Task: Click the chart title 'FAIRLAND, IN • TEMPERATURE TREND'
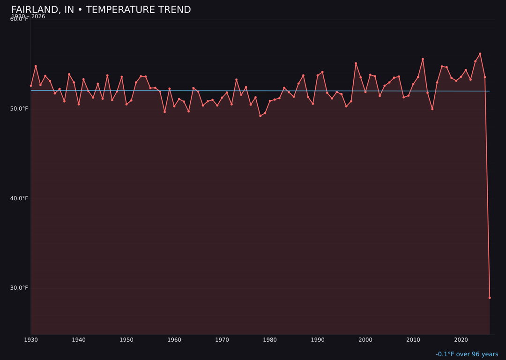(101, 10)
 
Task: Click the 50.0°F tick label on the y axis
(19, 109)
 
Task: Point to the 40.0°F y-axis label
(19, 198)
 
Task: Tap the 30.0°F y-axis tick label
(19, 288)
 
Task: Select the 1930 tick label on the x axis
(31, 339)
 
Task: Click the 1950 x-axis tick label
(126, 339)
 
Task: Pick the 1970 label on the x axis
(222, 339)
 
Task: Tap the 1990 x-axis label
(318, 339)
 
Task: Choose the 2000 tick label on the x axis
(365, 339)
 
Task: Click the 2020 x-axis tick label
(461, 339)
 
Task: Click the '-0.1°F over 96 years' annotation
(467, 354)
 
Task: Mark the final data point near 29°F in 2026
(490, 298)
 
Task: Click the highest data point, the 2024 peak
(480, 54)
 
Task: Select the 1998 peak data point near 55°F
(356, 63)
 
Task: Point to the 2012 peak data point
(423, 59)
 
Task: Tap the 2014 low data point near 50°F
(432, 109)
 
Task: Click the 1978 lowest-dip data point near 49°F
(260, 116)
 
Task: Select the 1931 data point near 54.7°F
(36, 66)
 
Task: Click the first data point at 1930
(31, 86)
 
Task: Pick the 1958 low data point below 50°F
(164, 112)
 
